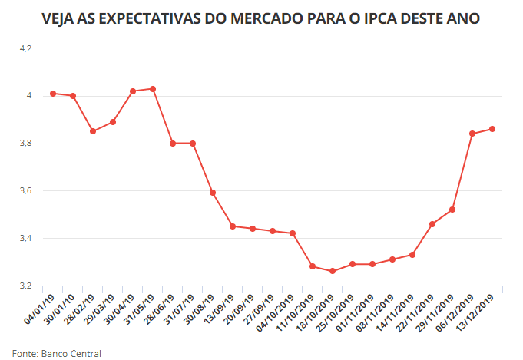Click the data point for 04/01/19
click(x=53, y=94)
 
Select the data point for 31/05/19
click(x=153, y=89)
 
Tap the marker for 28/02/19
click(x=93, y=131)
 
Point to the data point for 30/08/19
click(x=213, y=193)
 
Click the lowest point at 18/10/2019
click(x=333, y=271)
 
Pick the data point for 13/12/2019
click(x=492, y=129)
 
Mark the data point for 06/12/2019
click(x=472, y=134)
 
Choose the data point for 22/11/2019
click(x=432, y=224)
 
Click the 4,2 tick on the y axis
click(x=26, y=48)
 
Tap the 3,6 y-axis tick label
click(x=26, y=191)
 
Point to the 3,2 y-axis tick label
click(x=26, y=286)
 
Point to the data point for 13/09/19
click(x=233, y=226)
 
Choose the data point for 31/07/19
click(x=193, y=143)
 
